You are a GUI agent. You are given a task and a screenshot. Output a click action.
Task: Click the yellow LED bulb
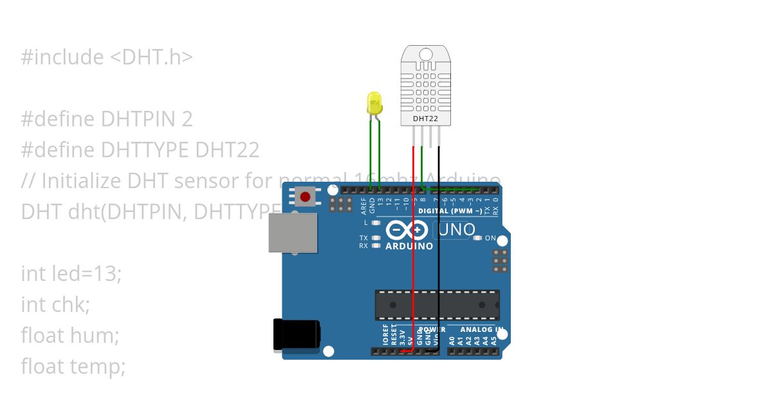click(x=374, y=103)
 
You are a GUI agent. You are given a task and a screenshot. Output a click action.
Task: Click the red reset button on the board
click(x=305, y=196)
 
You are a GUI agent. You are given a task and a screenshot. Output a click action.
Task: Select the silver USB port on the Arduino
click(x=293, y=233)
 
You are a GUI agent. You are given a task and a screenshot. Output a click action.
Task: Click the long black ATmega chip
click(x=437, y=305)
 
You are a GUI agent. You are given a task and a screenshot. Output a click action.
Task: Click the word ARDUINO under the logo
click(x=409, y=246)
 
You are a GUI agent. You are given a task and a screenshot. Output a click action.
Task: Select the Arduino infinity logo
click(x=407, y=230)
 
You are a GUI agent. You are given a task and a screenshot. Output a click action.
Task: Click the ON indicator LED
click(x=477, y=238)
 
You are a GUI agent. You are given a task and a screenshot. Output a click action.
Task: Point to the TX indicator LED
click(x=376, y=238)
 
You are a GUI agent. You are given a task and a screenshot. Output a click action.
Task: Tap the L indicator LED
click(x=376, y=222)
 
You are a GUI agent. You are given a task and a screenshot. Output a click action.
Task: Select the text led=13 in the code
click(x=87, y=274)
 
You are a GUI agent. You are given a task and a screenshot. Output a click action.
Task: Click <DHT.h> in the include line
click(x=151, y=57)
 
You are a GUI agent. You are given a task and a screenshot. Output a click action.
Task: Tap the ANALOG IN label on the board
click(x=482, y=329)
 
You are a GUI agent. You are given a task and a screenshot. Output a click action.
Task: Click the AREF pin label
click(x=363, y=206)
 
